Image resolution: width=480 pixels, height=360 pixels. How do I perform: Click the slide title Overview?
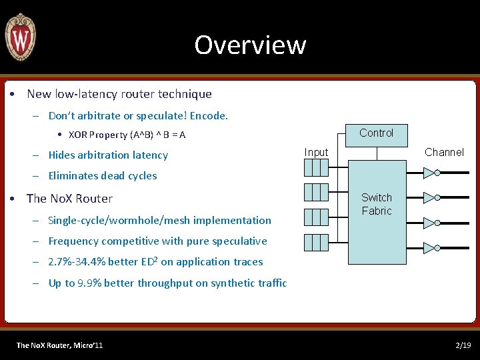point(250,45)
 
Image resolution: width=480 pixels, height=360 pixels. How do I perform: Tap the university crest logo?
point(20,37)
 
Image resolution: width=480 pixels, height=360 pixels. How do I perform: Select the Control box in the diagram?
point(376,133)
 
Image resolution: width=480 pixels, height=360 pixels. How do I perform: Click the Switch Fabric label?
point(377,204)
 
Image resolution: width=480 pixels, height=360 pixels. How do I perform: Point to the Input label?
point(316,152)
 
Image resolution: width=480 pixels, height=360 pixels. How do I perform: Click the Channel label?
point(444,152)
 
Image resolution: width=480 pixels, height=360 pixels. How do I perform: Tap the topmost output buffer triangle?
point(429,173)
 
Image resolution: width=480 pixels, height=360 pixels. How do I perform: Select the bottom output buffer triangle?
point(429,248)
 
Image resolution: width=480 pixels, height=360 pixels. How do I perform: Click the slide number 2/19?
point(463,345)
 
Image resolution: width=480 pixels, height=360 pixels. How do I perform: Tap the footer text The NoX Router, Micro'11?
point(59,345)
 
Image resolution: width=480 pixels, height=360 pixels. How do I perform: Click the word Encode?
point(209,116)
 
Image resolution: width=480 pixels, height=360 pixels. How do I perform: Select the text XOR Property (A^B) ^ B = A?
point(127,135)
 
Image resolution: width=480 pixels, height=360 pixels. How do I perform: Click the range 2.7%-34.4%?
point(75,262)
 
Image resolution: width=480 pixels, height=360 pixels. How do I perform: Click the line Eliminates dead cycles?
point(103,176)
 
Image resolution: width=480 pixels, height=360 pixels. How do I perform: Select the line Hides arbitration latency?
point(108,155)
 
